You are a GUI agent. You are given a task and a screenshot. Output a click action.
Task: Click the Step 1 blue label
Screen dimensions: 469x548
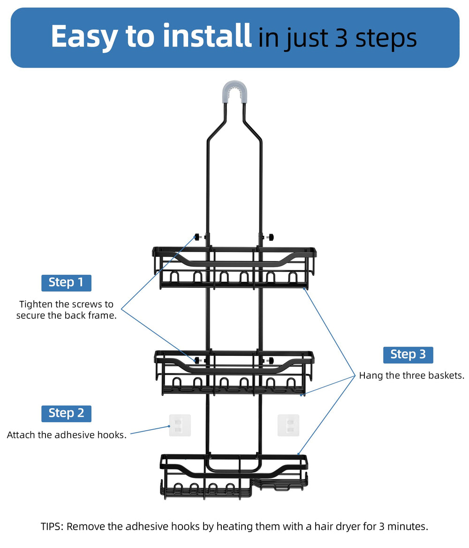(66, 283)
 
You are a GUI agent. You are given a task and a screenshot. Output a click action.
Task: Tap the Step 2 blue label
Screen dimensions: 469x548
(66, 413)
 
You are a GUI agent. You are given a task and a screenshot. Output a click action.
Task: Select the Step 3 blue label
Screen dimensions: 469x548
(408, 355)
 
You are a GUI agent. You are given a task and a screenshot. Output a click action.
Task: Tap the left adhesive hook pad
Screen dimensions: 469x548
(180, 425)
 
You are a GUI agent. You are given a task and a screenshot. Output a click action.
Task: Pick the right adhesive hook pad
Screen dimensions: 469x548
(288, 425)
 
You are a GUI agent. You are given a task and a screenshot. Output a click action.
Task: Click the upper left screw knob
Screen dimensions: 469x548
(198, 237)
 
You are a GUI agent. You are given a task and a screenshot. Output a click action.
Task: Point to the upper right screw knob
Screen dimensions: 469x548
(271, 238)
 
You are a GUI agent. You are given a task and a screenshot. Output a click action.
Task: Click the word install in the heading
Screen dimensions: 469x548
(207, 36)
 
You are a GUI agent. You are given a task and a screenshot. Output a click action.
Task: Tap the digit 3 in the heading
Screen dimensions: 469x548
(341, 38)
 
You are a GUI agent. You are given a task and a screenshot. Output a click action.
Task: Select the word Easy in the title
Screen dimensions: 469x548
(84, 37)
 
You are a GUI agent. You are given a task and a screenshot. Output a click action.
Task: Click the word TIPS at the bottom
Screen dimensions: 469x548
(52, 526)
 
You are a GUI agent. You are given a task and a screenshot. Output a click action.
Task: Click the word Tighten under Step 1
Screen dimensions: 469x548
(36, 304)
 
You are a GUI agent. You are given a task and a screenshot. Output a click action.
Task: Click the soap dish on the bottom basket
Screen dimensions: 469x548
(279, 484)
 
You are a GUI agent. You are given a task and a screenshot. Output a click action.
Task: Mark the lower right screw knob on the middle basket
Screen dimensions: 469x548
(270, 360)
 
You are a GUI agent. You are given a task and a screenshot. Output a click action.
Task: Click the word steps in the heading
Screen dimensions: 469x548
(386, 39)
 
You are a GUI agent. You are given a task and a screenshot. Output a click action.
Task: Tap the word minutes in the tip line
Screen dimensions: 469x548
(407, 526)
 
